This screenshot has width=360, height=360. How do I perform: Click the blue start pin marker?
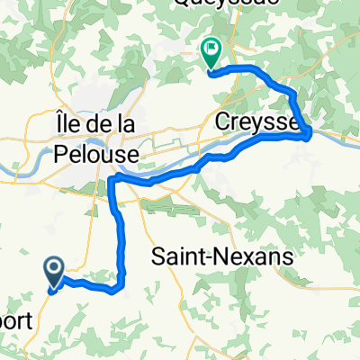coord(53,271)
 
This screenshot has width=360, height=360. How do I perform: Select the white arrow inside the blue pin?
coord(53,267)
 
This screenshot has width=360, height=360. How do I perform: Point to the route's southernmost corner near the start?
coord(116,290)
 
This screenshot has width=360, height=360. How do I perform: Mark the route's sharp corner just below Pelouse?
coord(111,180)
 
